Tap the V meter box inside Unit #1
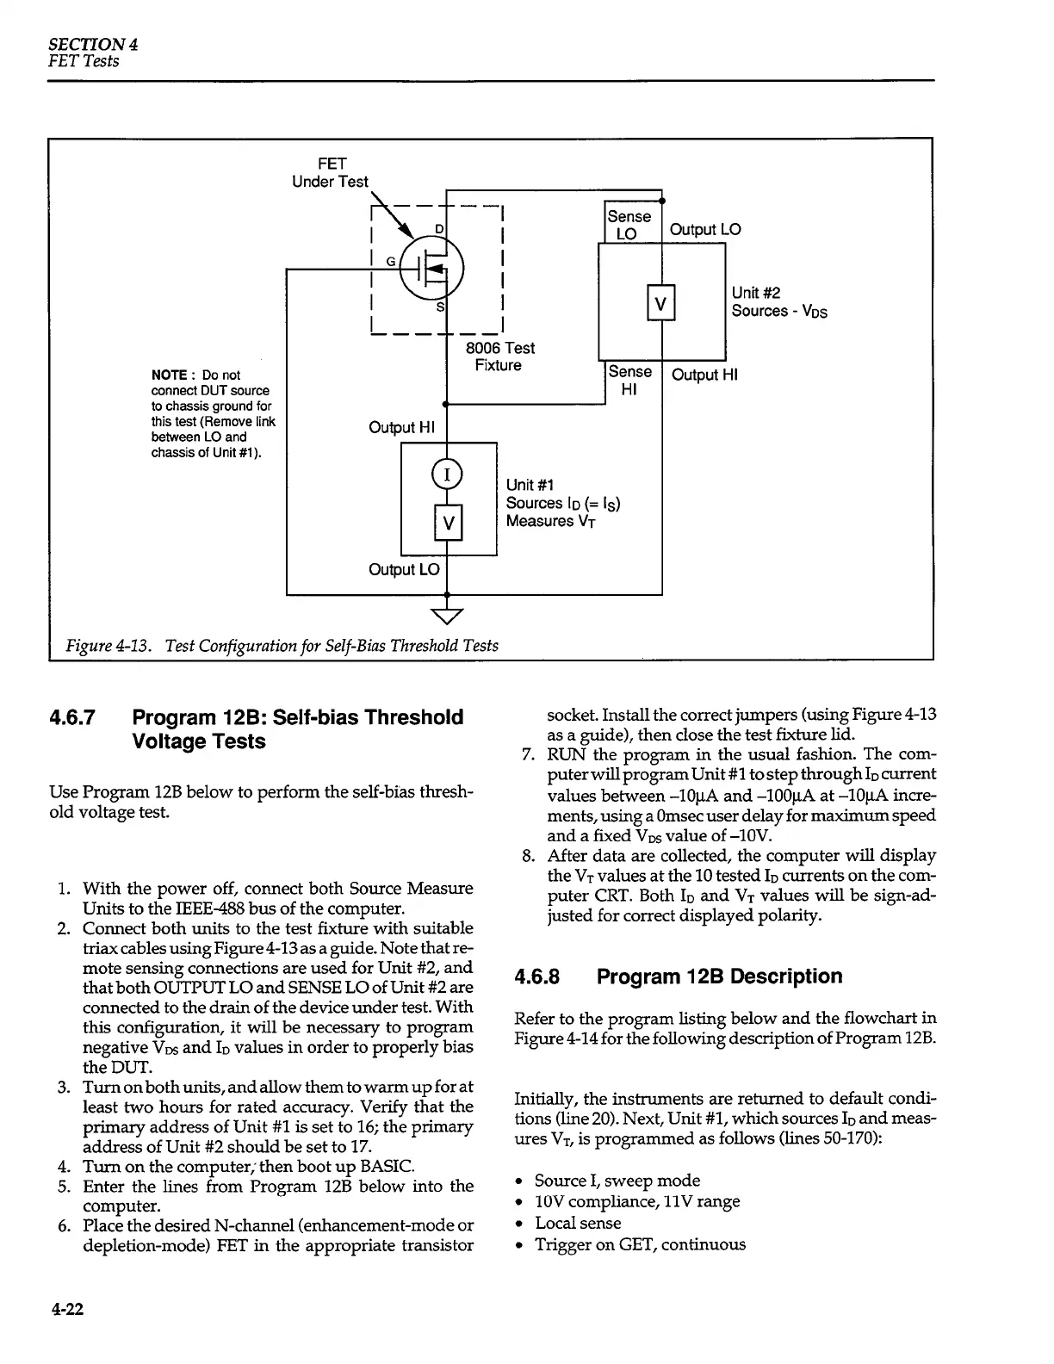click(448, 523)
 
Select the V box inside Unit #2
click(660, 303)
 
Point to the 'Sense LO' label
click(629, 225)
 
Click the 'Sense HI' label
click(629, 380)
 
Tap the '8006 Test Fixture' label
click(499, 356)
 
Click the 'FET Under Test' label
click(331, 172)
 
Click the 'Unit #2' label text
click(756, 294)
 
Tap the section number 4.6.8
click(536, 976)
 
